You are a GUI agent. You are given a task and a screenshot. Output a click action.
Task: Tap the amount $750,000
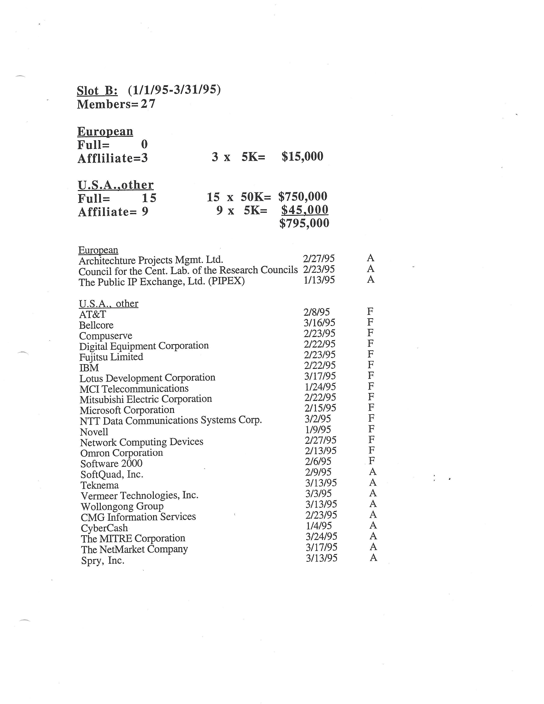[x=303, y=196]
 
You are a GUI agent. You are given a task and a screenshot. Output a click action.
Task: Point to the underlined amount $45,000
[x=305, y=210]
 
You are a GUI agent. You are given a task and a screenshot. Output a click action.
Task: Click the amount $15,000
[x=302, y=157]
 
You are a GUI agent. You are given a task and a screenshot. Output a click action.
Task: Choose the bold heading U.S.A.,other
[x=115, y=185]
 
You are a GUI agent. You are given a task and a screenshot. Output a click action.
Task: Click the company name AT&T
[x=93, y=314]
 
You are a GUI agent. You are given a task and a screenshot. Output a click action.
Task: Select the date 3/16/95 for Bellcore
[x=319, y=322]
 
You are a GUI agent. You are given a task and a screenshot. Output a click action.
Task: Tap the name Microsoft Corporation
[x=127, y=410]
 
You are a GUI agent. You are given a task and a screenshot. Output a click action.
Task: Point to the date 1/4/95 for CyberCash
[x=319, y=526]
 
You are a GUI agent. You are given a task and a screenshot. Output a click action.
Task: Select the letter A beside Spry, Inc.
[x=373, y=558]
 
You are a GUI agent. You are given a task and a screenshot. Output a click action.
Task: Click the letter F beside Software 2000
[x=372, y=461]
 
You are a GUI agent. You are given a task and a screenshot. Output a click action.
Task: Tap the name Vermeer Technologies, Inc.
[x=139, y=495]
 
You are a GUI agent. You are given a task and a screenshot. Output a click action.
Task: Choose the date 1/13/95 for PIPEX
[x=319, y=280]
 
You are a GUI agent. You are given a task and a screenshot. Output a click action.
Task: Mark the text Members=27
[x=116, y=104]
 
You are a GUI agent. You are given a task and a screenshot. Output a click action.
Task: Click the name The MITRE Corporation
[x=133, y=538]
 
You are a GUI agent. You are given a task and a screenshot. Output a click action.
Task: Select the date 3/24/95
[x=321, y=536]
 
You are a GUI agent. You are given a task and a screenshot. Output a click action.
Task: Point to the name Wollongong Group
[x=122, y=506]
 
